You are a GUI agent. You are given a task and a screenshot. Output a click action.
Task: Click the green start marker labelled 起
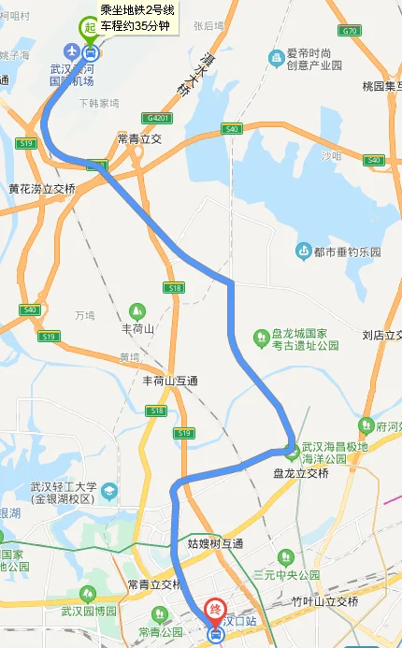(90, 29)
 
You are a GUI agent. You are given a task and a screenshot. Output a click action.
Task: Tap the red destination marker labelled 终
(215, 611)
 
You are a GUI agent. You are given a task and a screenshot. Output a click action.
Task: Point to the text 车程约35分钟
(135, 25)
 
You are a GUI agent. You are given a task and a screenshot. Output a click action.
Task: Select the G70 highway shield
(351, 31)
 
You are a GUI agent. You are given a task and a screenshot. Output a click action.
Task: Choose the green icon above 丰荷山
(136, 310)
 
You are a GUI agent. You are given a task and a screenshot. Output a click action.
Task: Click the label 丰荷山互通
(169, 381)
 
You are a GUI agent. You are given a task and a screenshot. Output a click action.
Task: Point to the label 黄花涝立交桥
(41, 188)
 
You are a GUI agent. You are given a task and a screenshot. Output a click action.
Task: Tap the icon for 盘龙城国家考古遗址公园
(261, 338)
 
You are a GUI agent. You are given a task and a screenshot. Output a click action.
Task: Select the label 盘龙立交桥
(301, 473)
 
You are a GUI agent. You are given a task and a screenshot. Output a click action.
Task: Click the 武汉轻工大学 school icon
(109, 490)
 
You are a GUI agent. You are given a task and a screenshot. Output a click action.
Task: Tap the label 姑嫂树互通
(214, 543)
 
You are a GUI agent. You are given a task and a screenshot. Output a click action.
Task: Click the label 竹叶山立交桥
(324, 601)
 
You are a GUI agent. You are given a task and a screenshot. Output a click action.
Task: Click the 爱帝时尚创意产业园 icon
(276, 60)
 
